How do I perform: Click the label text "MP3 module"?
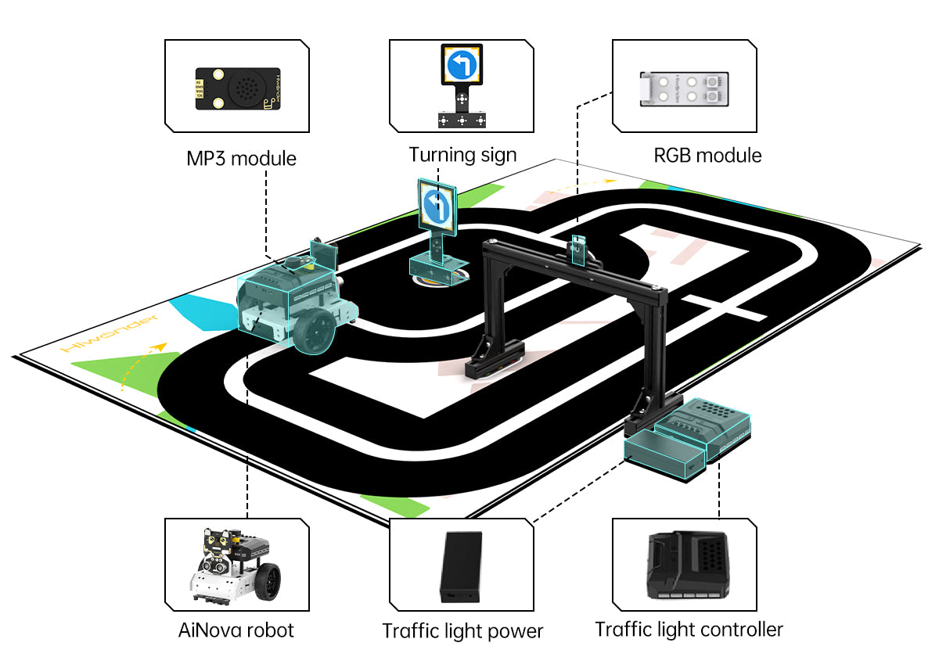pos(241,159)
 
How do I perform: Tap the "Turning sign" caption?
pos(462,155)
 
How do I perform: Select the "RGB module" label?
pos(707,156)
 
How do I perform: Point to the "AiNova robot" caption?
pos(236,630)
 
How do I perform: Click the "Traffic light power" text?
pos(462,631)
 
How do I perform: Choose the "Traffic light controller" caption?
pos(689,629)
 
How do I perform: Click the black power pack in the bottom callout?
pos(462,565)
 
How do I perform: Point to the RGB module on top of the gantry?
pos(578,249)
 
